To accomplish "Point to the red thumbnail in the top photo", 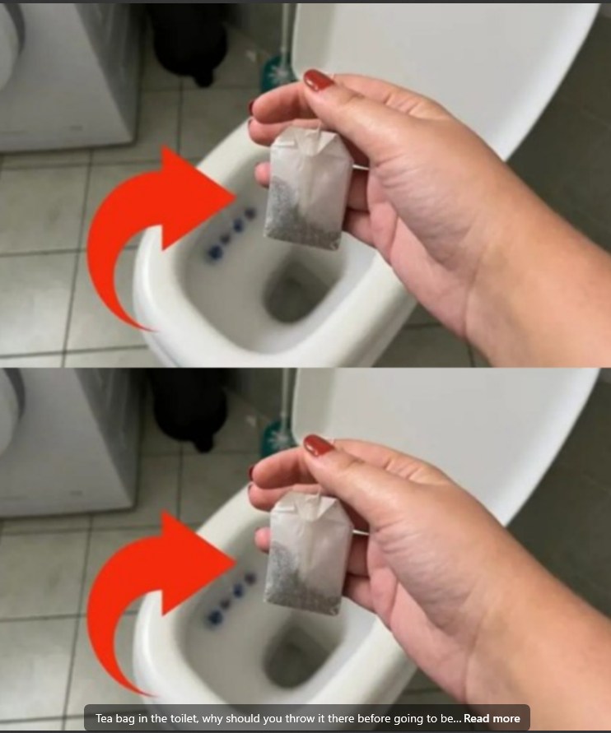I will pyautogui.click(x=318, y=81).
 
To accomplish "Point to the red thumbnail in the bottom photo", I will pyautogui.click(x=318, y=446).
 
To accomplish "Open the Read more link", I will pyautogui.click(x=492, y=718).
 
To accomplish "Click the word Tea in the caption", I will pyautogui.click(x=105, y=718).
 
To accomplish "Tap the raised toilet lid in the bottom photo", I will pyautogui.click(x=461, y=411).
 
